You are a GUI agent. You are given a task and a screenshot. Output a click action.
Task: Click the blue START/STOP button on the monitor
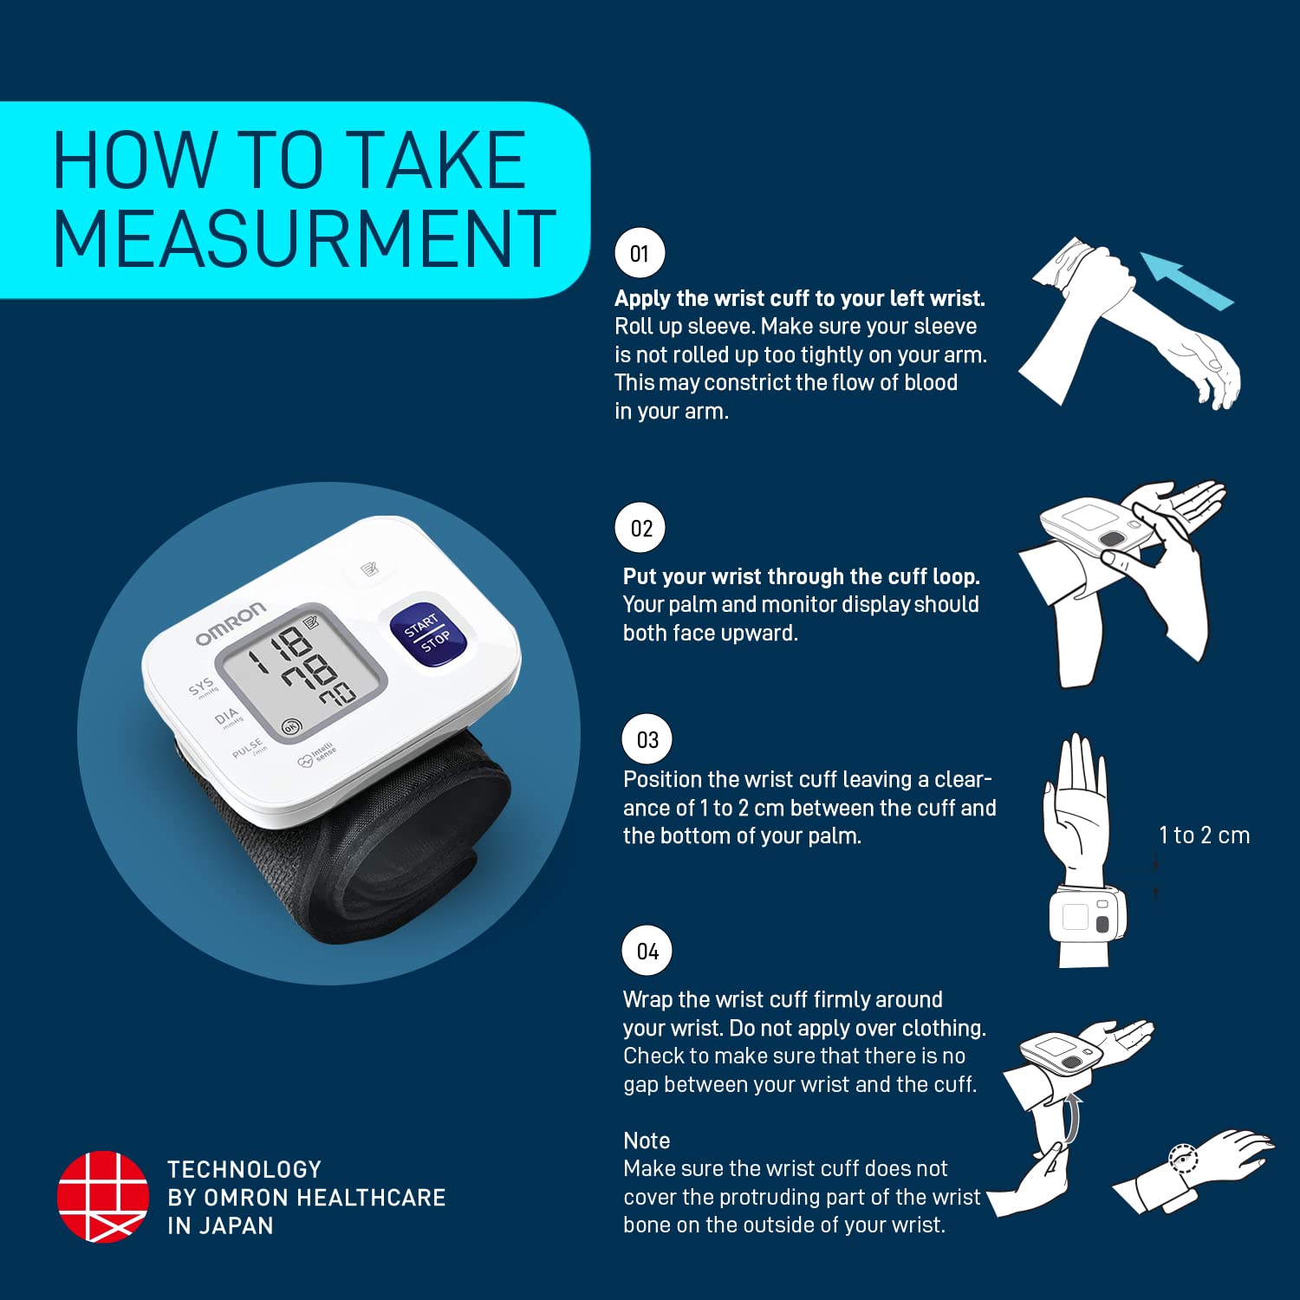pos(428,634)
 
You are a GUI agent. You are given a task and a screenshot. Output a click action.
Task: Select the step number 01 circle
pos(640,253)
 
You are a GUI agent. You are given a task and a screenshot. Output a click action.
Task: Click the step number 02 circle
pos(640,528)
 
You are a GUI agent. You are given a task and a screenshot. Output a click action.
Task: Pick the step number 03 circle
pos(647,739)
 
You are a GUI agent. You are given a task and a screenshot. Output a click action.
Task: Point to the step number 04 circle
pos(647,951)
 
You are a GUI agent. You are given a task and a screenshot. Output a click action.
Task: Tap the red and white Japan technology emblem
pos(102,1197)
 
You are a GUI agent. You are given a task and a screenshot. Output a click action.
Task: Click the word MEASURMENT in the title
pos(303,239)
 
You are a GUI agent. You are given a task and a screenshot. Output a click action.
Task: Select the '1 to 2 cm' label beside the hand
pos(1204,835)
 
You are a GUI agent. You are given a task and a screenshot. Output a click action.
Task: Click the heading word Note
pos(647,1141)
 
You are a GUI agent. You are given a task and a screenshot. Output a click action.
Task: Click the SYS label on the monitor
pos(201,687)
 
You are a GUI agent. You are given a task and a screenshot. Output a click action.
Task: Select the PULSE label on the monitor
pos(247,748)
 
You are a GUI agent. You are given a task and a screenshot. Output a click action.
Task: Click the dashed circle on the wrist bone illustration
pos(1183,1159)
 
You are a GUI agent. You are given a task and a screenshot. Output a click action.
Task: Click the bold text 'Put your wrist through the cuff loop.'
pos(801,576)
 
